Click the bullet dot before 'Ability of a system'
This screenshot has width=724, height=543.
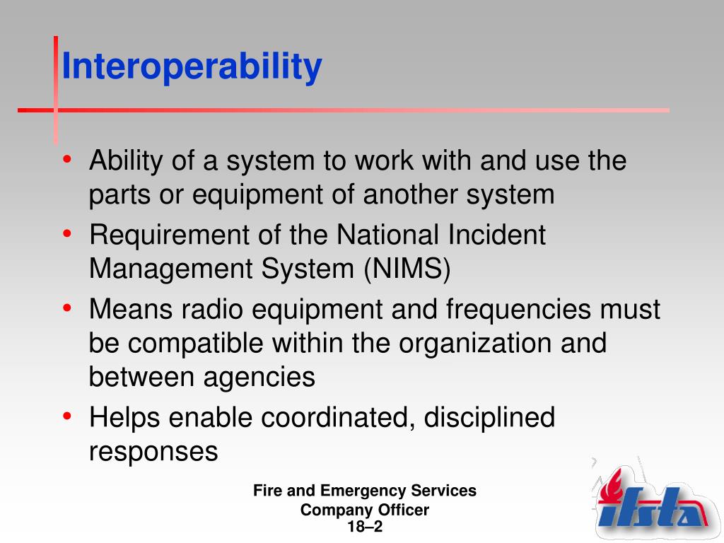[x=66, y=160]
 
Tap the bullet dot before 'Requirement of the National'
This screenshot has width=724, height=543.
[x=66, y=235]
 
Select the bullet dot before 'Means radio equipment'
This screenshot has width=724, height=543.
[x=66, y=309]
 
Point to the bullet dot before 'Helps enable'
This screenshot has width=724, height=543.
[x=66, y=417]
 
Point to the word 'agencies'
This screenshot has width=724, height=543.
[x=259, y=378]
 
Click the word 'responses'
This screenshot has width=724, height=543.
[x=153, y=452]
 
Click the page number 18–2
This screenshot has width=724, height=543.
[x=365, y=527]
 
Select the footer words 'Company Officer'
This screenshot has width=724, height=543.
[x=365, y=510]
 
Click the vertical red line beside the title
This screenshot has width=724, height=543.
[x=56, y=88]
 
